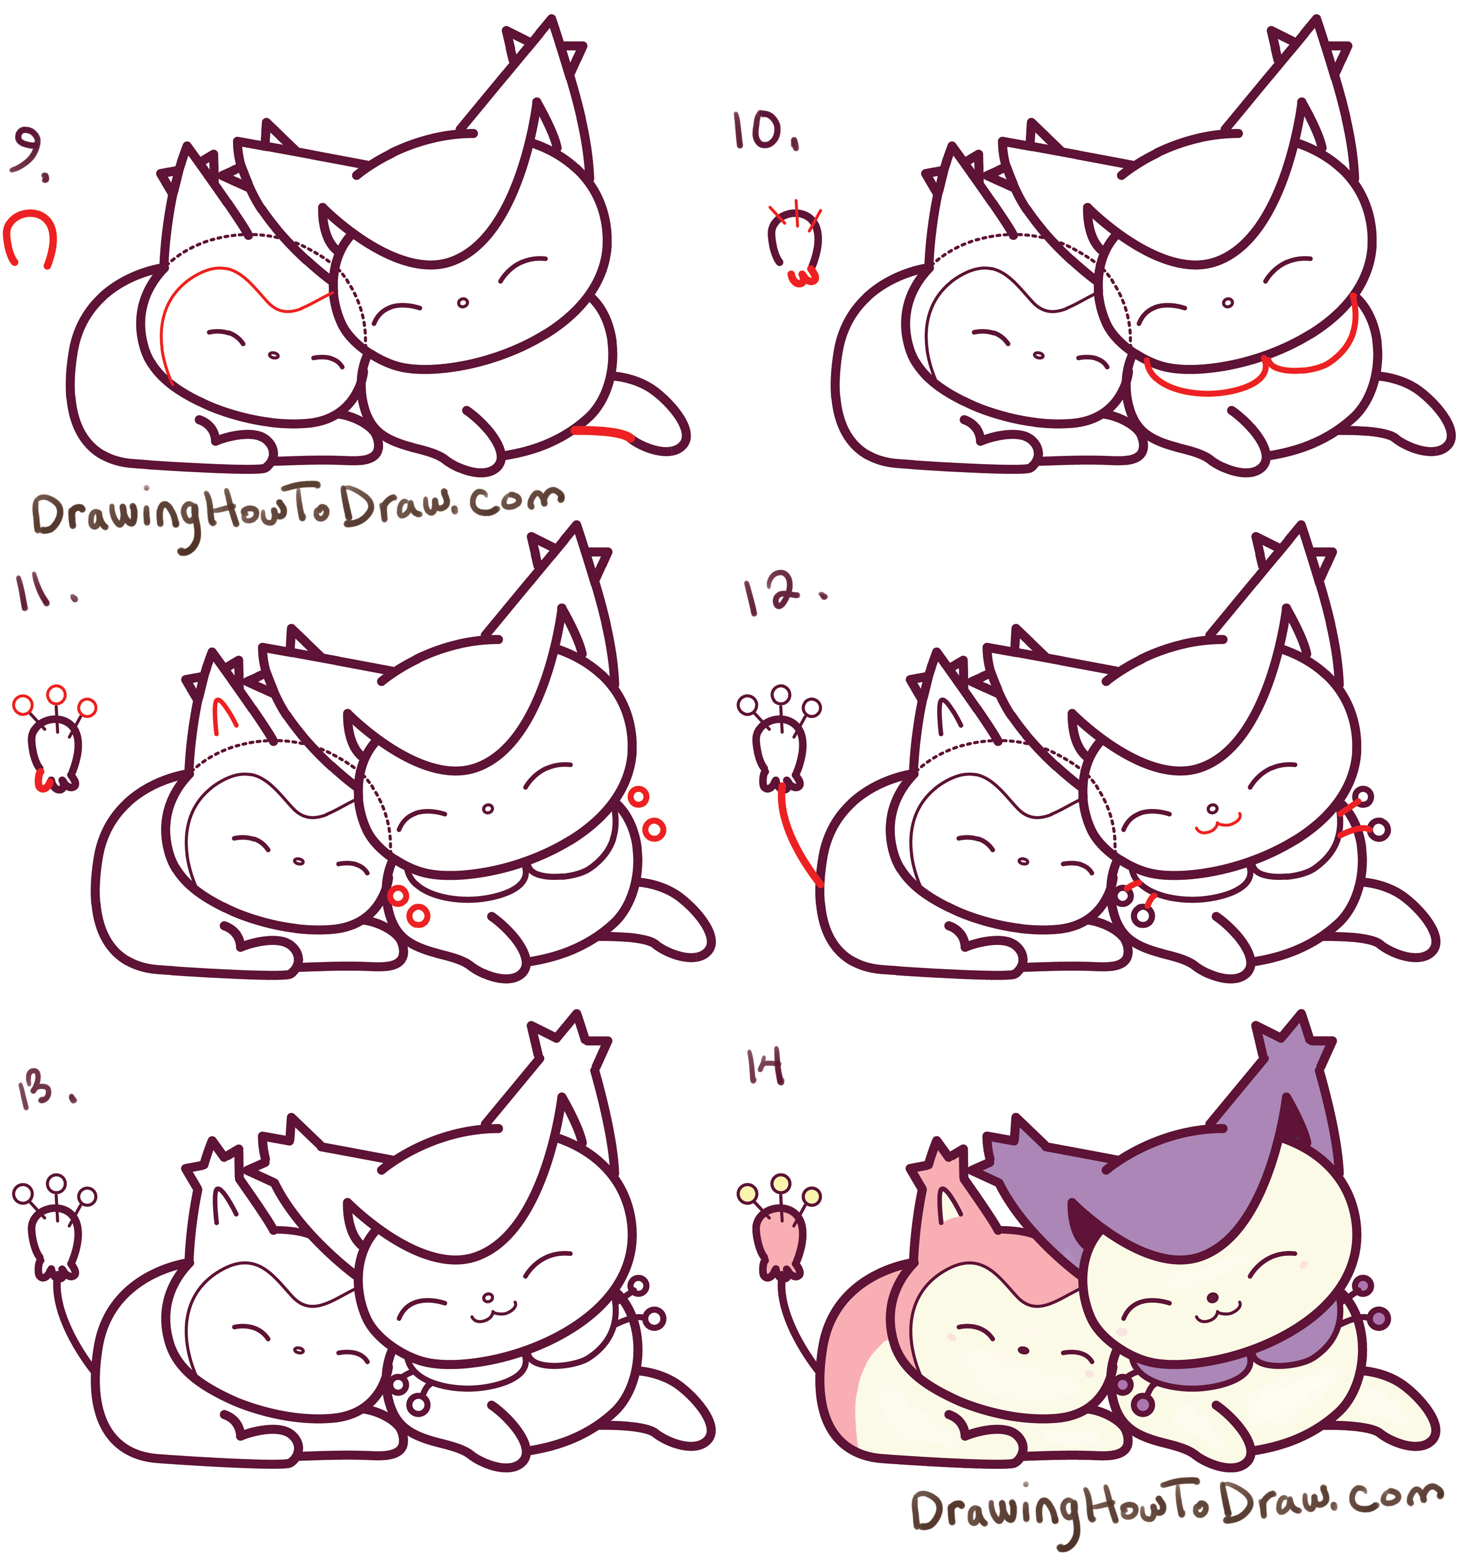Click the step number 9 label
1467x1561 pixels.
click(28, 153)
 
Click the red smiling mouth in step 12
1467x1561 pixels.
click(1216, 824)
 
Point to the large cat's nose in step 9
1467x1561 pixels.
click(462, 302)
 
